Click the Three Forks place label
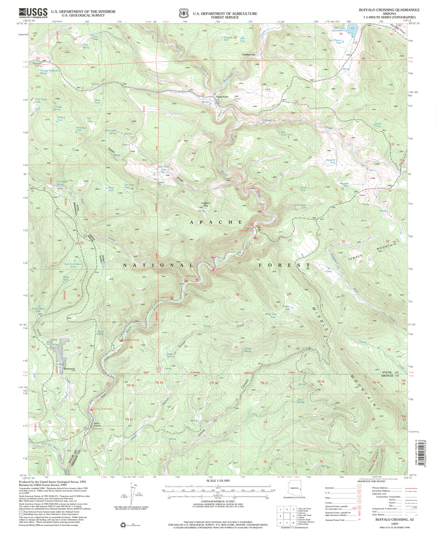[x=222, y=97]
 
